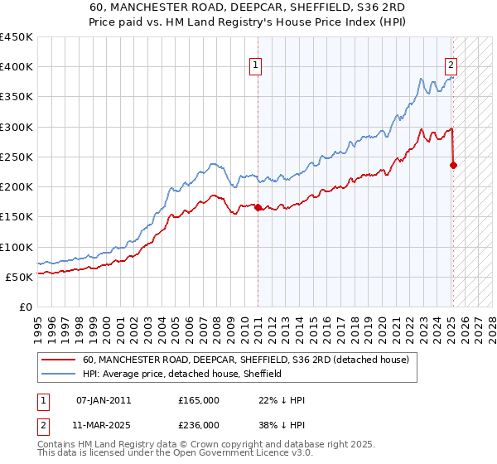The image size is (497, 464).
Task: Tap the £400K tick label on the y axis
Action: [17, 67]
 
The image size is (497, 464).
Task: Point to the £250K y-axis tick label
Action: [17, 157]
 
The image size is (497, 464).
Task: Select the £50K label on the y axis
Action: [20, 277]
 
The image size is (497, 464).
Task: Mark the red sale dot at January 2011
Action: [258, 208]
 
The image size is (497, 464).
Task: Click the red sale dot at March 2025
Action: [453, 165]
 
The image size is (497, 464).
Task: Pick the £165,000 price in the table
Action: [199, 400]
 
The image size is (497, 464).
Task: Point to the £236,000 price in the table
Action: [199, 424]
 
